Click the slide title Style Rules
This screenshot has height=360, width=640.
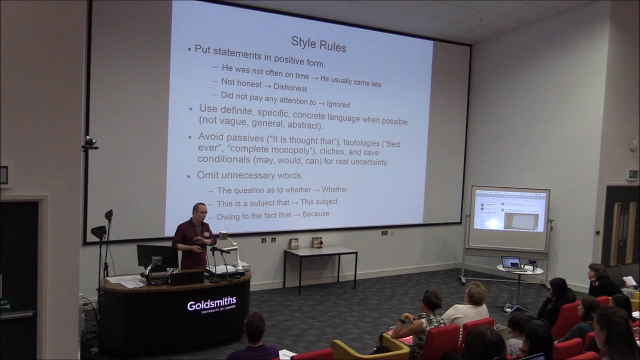click(x=318, y=43)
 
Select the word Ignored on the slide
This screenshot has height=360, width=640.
click(x=338, y=104)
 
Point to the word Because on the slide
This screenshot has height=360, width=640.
click(x=316, y=214)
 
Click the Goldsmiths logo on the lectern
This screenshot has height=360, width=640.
click(x=211, y=304)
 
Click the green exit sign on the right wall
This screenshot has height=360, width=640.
click(x=632, y=174)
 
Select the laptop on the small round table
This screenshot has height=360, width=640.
click(x=510, y=263)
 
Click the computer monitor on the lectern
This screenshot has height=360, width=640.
click(x=157, y=256)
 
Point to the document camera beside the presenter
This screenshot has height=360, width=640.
click(x=227, y=247)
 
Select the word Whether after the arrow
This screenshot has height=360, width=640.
click(x=334, y=189)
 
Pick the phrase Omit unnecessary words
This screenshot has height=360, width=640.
click(x=250, y=175)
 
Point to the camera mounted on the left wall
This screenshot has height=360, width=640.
click(x=90, y=143)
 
